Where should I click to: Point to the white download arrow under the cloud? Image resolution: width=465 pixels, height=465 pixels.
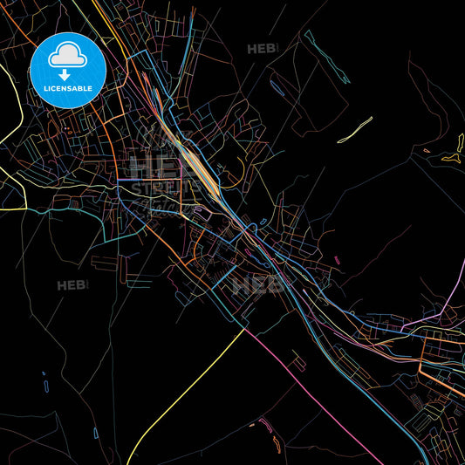(65, 74)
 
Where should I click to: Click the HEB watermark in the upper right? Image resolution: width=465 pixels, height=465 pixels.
(261, 49)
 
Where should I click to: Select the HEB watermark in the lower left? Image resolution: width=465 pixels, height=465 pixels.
(72, 285)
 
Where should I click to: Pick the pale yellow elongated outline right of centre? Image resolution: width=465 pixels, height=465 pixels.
(355, 129)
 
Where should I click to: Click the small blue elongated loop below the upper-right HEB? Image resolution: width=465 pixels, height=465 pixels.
(277, 85)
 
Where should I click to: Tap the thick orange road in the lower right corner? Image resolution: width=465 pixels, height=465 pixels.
(441, 372)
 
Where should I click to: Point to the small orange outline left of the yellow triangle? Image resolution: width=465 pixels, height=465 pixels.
(427, 151)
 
